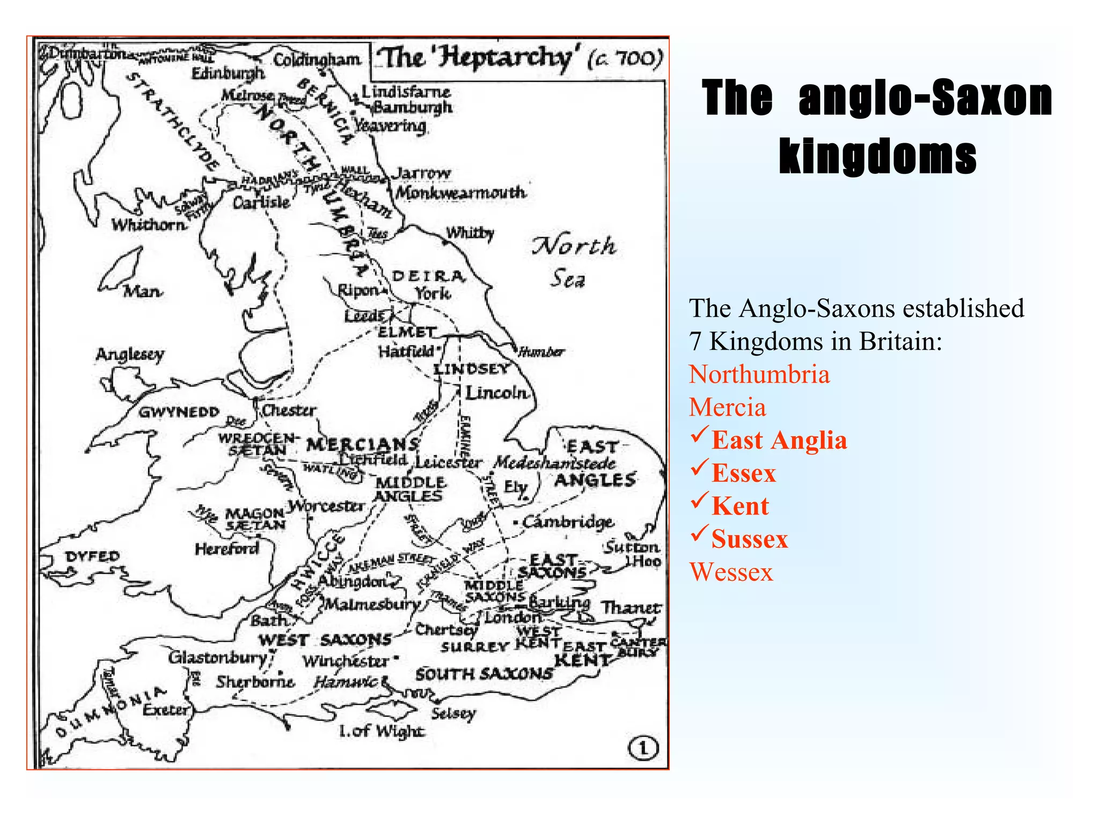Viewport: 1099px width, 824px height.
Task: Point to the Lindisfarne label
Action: tap(406, 92)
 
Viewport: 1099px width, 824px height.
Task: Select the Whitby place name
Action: tap(470, 233)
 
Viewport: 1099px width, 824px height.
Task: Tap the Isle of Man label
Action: tap(142, 291)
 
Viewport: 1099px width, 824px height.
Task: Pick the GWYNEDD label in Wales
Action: tap(179, 412)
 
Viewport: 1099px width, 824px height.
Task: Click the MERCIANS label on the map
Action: tap(363, 444)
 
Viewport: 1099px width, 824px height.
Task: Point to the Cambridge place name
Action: tap(568, 521)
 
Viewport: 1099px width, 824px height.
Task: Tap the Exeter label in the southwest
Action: tap(166, 710)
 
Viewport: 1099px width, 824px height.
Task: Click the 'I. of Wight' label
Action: tap(382, 731)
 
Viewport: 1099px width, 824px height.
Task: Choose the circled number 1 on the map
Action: tap(643, 748)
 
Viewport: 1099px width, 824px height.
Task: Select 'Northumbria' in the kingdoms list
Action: tap(759, 374)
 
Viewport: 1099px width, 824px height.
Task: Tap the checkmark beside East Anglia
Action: tap(699, 435)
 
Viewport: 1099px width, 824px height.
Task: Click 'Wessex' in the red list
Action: tap(731, 572)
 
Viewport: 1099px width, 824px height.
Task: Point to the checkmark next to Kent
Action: tap(699, 501)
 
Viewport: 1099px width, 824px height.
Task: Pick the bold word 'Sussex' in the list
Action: tap(750, 539)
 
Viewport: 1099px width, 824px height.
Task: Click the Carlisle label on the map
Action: tap(261, 202)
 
